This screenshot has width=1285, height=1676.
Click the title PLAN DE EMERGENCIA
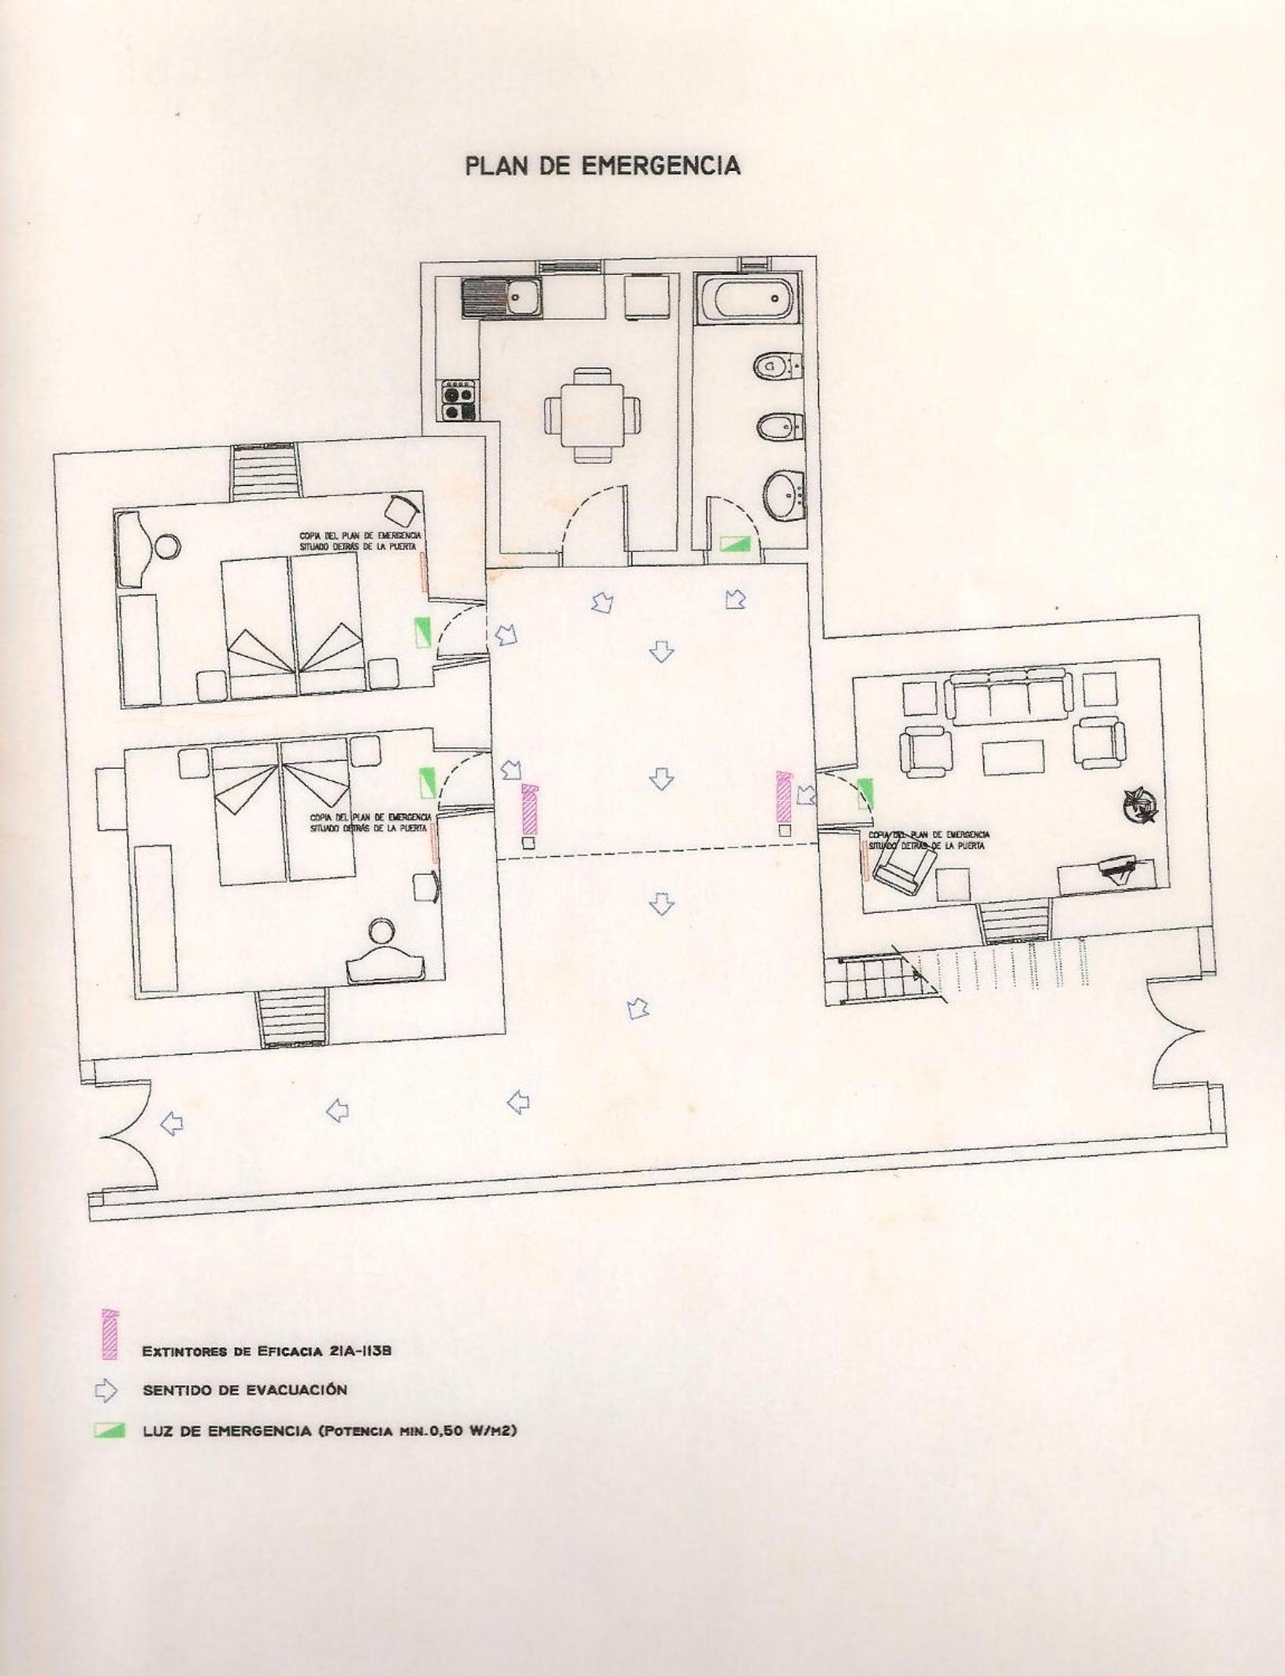pyautogui.click(x=603, y=165)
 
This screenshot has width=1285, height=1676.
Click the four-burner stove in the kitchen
pyautogui.click(x=459, y=399)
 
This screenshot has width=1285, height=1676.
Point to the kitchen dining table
pyautogui.click(x=592, y=415)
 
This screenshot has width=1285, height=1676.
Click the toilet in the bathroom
pyautogui.click(x=777, y=366)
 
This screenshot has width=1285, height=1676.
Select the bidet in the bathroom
pyautogui.click(x=780, y=428)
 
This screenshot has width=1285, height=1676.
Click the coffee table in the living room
pyautogui.click(x=1013, y=758)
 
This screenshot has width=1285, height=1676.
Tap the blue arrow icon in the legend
pyautogui.click(x=106, y=1391)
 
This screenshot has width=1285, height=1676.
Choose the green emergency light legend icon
pyautogui.click(x=110, y=1430)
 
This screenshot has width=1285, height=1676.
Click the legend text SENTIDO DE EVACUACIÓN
pyautogui.click(x=245, y=1390)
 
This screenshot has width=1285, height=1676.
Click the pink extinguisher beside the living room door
pyautogui.click(x=783, y=797)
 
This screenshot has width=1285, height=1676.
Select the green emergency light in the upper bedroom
pyautogui.click(x=423, y=632)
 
